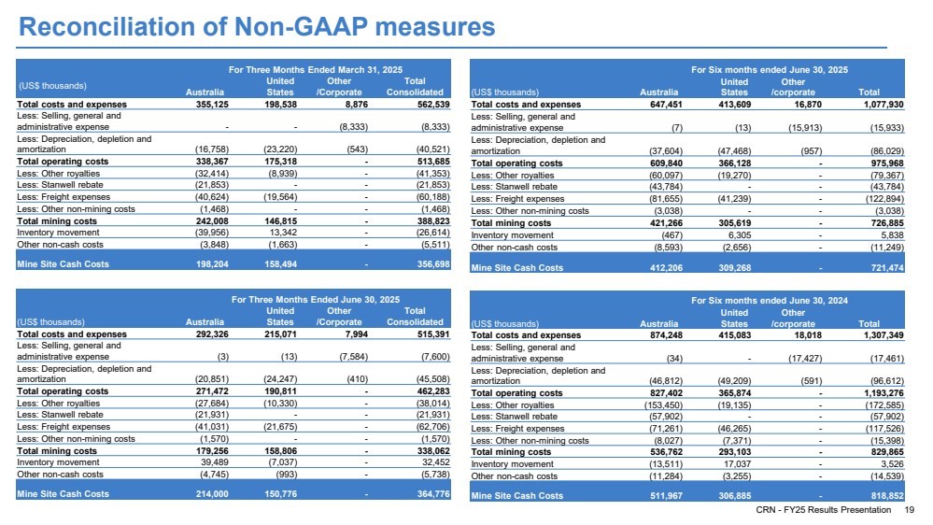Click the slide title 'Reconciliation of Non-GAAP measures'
tap(257, 27)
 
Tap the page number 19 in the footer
tap(910, 510)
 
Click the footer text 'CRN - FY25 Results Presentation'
tap(824, 510)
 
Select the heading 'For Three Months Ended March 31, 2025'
tap(316, 70)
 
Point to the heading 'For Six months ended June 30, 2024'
tap(770, 301)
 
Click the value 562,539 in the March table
tap(433, 105)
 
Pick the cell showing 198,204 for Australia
tap(212, 264)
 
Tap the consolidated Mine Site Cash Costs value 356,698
tap(433, 264)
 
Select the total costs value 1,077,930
tap(884, 105)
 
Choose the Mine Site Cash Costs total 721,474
tap(887, 268)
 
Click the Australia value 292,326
tap(212, 334)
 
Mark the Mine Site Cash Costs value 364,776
tap(433, 494)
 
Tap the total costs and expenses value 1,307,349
tap(884, 335)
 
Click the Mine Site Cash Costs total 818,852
tap(887, 496)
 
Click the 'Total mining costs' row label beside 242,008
tap(57, 220)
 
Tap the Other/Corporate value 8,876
tap(357, 105)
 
